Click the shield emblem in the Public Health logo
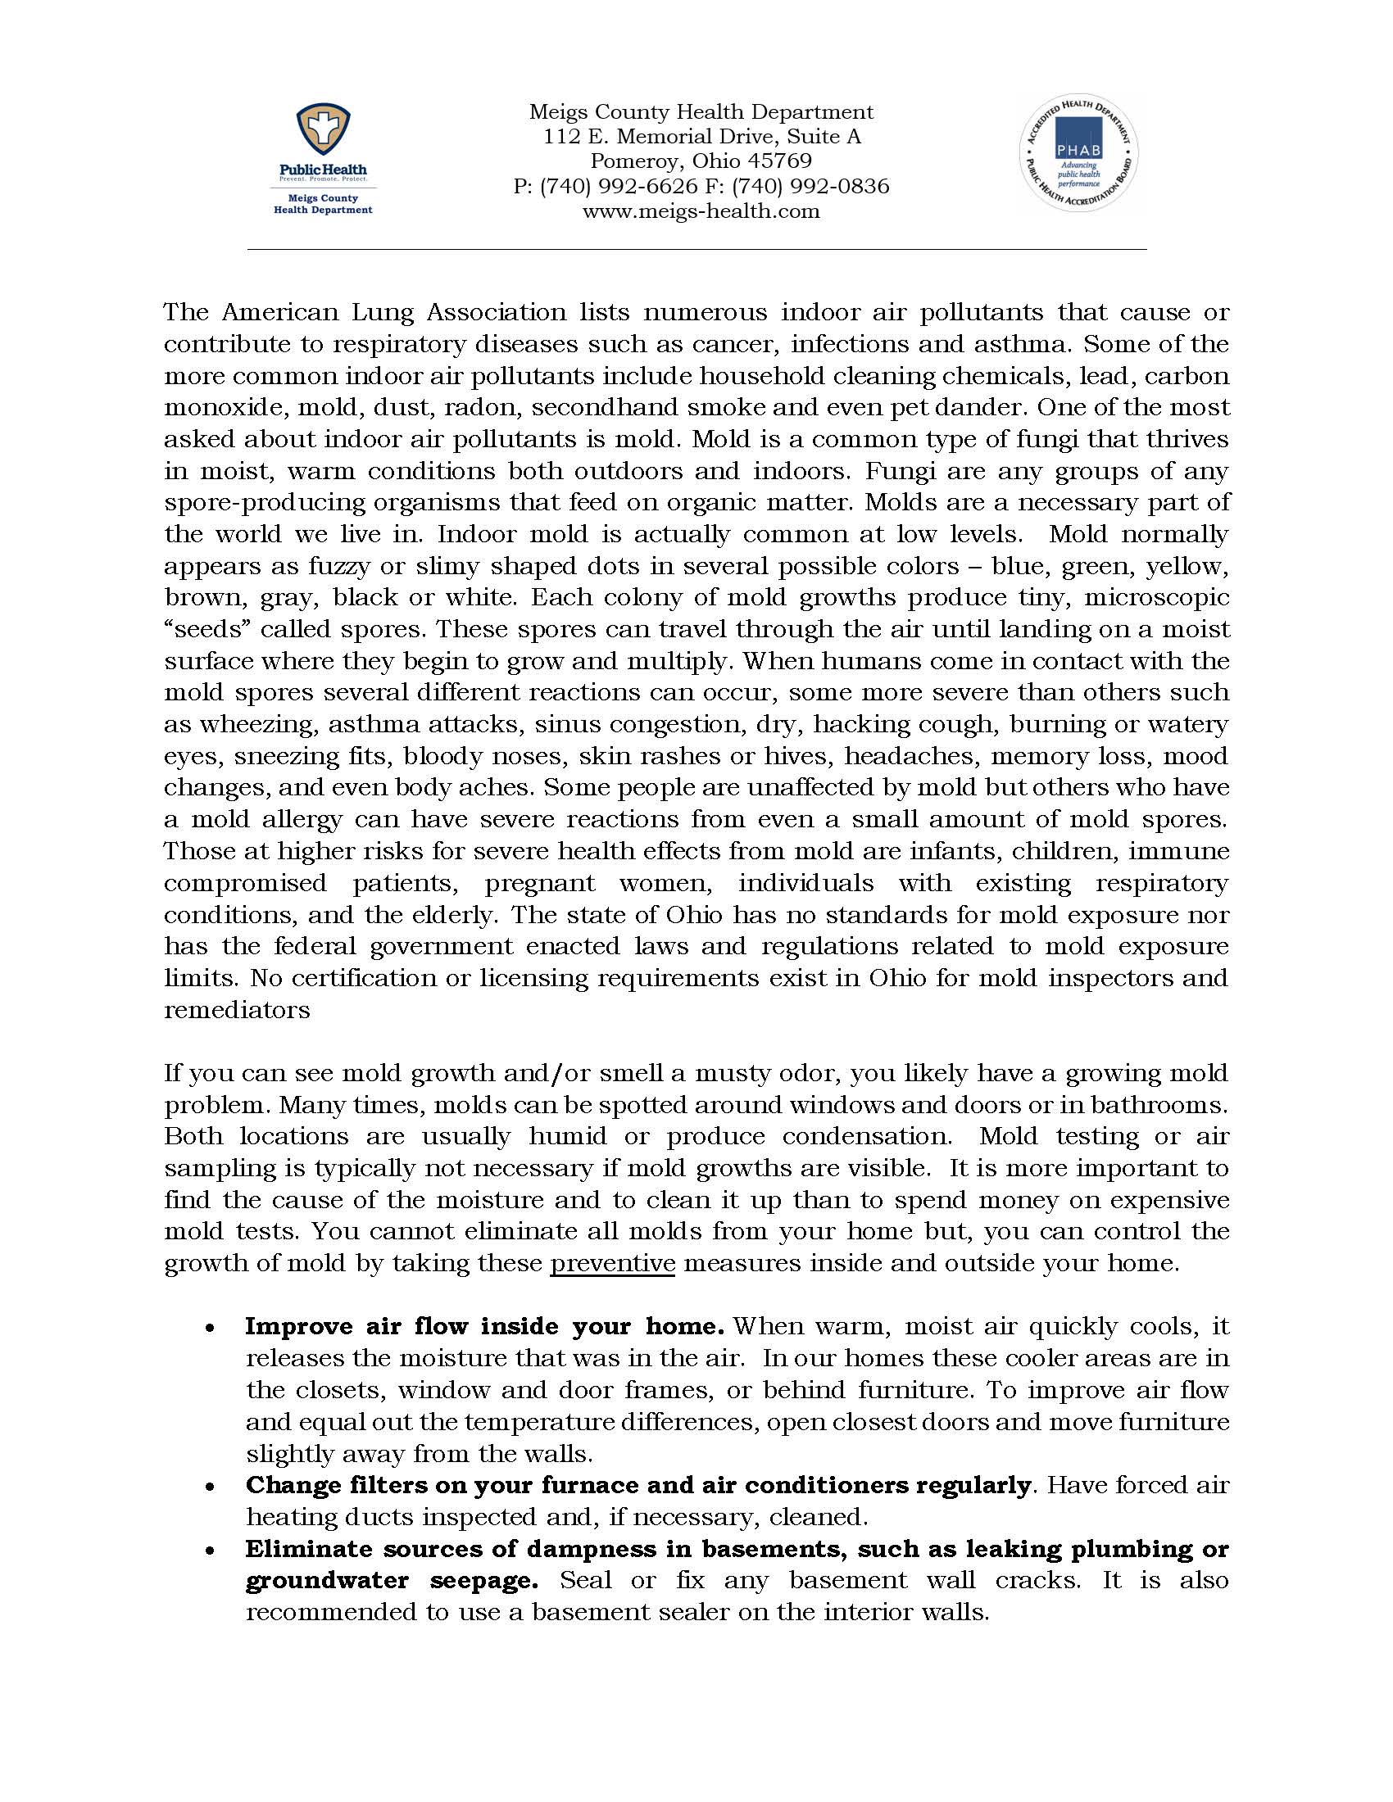323,132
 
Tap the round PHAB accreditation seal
1078,152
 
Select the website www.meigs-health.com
701,211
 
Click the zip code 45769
781,161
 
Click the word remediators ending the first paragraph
237,1010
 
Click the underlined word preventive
612,1263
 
